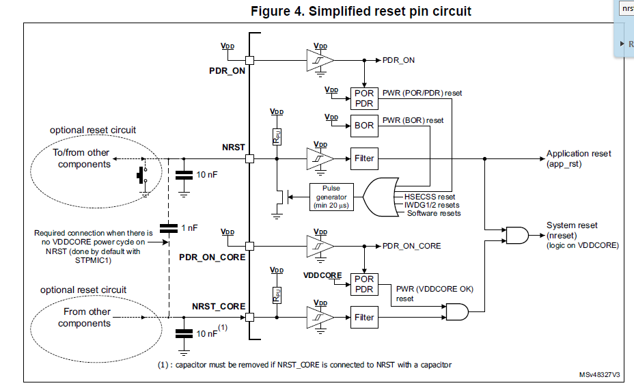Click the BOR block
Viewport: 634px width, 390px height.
[x=363, y=126]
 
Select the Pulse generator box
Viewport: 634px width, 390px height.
[x=331, y=197]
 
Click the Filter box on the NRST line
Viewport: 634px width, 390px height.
[x=363, y=158]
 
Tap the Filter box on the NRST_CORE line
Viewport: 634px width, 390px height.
[x=363, y=317]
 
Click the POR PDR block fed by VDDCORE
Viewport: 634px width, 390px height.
[x=363, y=284]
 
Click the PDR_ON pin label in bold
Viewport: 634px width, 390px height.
[x=227, y=70]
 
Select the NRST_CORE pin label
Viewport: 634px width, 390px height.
[x=218, y=306]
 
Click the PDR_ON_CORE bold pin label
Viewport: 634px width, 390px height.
[x=212, y=257]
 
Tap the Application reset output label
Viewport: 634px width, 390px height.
[x=578, y=158]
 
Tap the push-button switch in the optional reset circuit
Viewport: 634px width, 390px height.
[x=142, y=174]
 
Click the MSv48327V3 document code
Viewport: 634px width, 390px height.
[x=599, y=375]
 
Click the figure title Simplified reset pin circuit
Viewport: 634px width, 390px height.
[x=361, y=11]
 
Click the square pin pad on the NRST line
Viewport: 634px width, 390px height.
[x=249, y=158]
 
